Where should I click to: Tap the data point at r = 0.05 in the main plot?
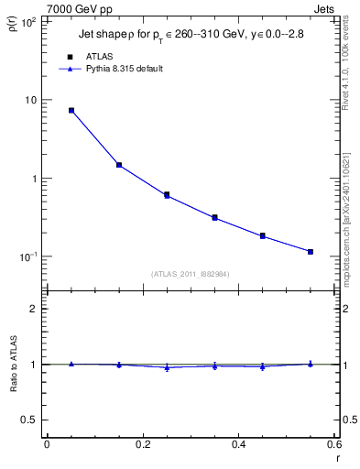[x=71, y=111]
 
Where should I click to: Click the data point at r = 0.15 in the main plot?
[x=119, y=165]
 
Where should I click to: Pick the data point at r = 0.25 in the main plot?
[x=167, y=195]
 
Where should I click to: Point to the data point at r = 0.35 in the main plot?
[x=214, y=217]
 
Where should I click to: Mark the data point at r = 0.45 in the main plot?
[x=263, y=235]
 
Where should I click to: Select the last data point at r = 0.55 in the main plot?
[x=311, y=251]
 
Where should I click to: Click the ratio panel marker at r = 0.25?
[x=167, y=367]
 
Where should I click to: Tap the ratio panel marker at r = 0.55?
[x=311, y=364]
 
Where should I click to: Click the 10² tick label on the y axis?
[x=27, y=21]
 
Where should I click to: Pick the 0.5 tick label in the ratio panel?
[x=27, y=420]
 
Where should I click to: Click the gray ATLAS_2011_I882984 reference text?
[x=191, y=274]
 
